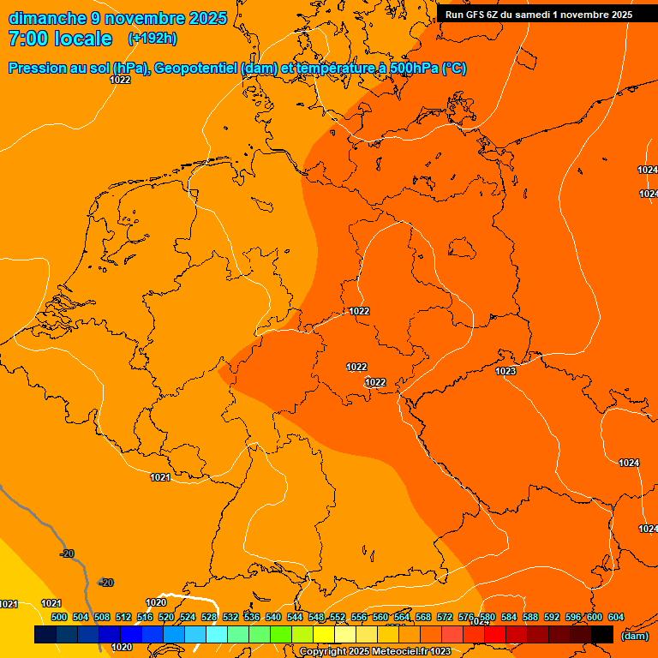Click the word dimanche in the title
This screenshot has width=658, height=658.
pos(47,18)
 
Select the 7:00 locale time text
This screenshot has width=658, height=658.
pos(60,39)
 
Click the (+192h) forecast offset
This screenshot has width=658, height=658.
pos(153,39)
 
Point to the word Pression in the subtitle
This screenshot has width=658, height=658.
pos(39,69)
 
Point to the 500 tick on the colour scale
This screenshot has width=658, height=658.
pos(59,617)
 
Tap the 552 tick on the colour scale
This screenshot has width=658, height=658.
pos(338,617)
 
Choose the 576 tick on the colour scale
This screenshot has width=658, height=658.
pos(466,617)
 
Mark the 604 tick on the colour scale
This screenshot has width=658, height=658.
pos(616,617)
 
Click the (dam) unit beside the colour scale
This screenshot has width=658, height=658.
pos(634,636)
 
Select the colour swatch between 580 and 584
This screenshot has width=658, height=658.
pos(495,635)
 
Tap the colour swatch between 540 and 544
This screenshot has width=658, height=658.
pos(281,635)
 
